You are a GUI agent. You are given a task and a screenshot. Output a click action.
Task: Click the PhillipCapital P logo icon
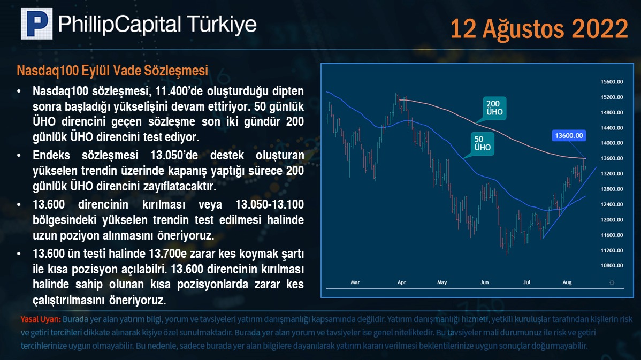[37, 24]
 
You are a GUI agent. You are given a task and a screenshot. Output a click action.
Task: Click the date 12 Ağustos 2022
[539, 29]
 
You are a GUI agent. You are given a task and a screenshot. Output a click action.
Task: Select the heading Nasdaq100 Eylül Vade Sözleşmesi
[112, 70]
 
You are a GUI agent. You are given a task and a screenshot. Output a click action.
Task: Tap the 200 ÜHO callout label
[494, 108]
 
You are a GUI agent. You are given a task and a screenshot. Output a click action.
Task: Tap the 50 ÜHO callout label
[483, 143]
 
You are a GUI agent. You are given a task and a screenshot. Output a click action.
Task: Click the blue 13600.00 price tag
[569, 136]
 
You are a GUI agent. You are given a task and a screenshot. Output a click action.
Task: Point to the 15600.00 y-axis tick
[612, 82]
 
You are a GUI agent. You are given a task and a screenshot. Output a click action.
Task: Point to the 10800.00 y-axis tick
[612, 266]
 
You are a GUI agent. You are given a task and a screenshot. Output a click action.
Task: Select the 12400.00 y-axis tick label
[612, 204]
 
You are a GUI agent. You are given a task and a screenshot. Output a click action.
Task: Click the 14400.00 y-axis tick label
[612, 128]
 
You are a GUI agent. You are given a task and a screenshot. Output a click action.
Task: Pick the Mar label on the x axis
[355, 282]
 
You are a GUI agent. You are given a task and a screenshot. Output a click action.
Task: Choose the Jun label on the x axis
[484, 282]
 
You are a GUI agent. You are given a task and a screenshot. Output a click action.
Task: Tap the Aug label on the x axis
[567, 282]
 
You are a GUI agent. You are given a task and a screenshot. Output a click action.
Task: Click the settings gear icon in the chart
[612, 282]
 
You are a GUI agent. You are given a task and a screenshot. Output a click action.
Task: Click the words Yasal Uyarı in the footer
[41, 319]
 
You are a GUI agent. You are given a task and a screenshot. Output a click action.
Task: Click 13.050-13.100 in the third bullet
[269, 204]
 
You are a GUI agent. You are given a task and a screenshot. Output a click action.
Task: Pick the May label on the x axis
[442, 282]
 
